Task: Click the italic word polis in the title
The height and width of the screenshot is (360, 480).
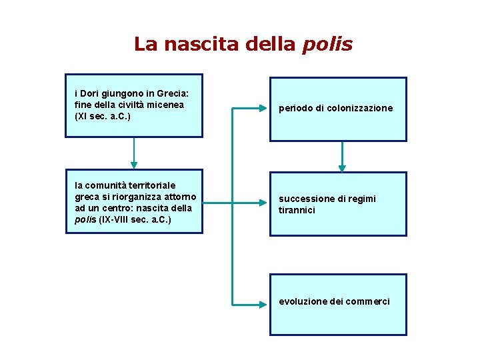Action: point(327,45)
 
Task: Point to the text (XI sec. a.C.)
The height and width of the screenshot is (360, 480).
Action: point(103,117)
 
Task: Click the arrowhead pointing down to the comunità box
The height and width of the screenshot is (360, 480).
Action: point(134,163)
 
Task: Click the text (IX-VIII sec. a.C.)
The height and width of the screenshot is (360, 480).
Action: point(135,219)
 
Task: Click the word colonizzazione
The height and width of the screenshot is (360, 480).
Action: point(360,108)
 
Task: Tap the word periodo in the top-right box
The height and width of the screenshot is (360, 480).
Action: point(294,108)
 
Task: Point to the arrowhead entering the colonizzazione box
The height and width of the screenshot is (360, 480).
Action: point(263,108)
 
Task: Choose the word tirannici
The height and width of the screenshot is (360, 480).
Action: point(297,210)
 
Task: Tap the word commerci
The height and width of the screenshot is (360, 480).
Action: point(368,301)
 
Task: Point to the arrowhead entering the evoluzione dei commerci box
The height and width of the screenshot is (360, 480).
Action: point(263,303)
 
